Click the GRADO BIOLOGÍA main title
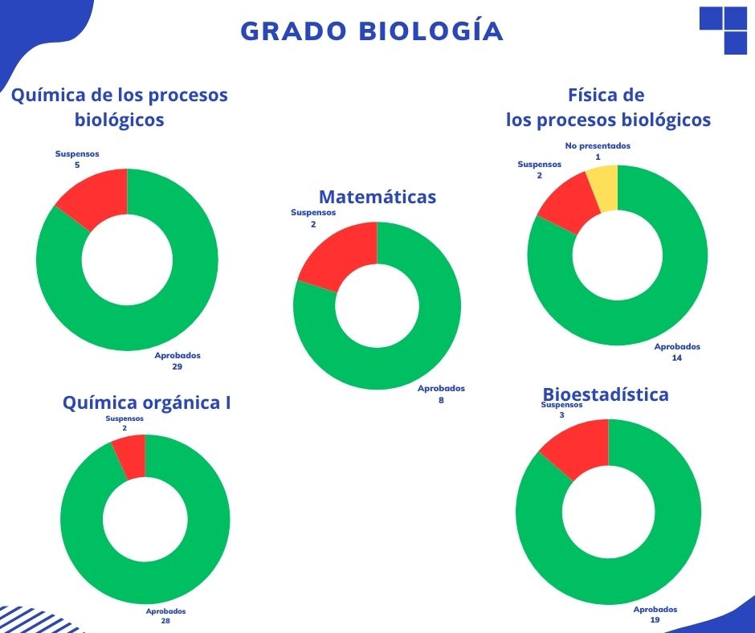[372, 31]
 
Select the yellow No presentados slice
[604, 188]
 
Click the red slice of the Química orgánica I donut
[131, 456]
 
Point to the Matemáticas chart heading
[377, 197]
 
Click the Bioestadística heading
[606, 394]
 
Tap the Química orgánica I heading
[146, 402]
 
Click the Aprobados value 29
[178, 366]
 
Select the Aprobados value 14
[677, 358]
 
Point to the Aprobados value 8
[441, 399]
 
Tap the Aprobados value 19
[655, 620]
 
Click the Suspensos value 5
[77, 165]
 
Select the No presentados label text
[598, 146]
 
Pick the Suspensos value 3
[562, 415]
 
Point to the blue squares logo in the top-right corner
[724, 30]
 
